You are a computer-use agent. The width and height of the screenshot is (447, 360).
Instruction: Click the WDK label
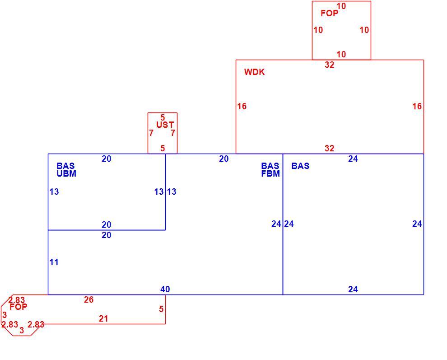(254, 72)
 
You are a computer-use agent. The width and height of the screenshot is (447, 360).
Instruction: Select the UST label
(165, 125)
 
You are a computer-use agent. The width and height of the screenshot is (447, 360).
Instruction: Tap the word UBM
(66, 174)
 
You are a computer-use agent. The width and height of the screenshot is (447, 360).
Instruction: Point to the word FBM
(270, 174)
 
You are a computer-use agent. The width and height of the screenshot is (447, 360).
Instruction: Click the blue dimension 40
(165, 289)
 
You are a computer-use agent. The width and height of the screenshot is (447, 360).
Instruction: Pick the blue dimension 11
(54, 262)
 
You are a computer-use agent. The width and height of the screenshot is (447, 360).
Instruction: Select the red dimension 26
(88, 299)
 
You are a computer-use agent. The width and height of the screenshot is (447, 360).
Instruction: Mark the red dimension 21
(103, 318)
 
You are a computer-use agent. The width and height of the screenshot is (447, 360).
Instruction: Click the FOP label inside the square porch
(329, 13)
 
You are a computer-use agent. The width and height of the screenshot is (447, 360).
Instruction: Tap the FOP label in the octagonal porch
(18, 307)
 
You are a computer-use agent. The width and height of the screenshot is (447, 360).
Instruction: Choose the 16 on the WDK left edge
(242, 107)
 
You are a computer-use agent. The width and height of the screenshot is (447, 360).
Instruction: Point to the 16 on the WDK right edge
(417, 107)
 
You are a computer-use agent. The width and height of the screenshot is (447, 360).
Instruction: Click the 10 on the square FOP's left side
(318, 30)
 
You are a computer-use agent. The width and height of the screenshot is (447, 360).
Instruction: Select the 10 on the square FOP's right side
(364, 30)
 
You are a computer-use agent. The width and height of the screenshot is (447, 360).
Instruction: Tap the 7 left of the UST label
(151, 133)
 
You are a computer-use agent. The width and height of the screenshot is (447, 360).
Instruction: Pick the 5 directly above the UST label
(163, 117)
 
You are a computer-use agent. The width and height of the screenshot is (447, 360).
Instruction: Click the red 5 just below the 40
(161, 309)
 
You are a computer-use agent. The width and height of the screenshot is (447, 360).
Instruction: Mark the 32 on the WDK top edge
(329, 65)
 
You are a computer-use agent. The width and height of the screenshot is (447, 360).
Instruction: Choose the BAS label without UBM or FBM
(300, 166)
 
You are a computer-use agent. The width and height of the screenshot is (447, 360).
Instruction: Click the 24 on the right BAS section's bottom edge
(353, 289)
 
